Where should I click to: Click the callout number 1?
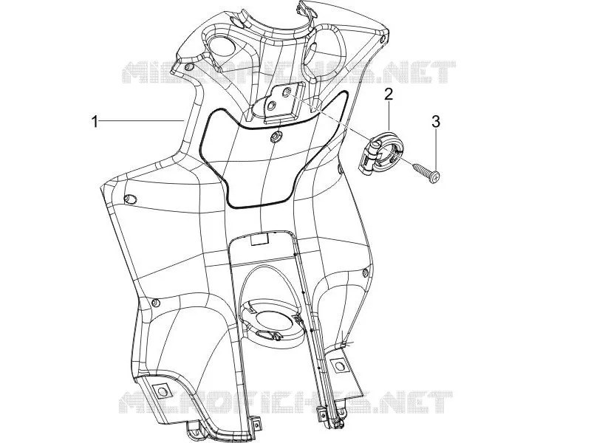click(95, 121)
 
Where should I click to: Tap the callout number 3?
click(435, 122)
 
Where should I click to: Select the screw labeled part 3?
click(426, 172)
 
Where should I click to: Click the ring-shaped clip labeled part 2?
click(380, 152)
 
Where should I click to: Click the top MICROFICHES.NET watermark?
click(289, 72)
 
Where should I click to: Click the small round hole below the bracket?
click(276, 137)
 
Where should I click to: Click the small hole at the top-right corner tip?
click(383, 39)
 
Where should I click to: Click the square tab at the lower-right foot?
click(339, 365)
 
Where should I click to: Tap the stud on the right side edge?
click(365, 272)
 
